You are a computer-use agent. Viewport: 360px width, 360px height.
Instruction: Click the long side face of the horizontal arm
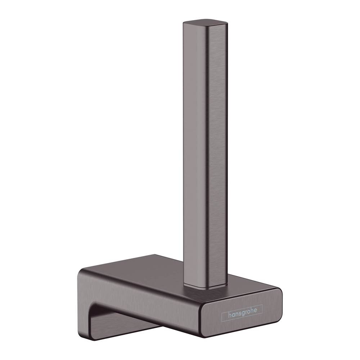[144, 302]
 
